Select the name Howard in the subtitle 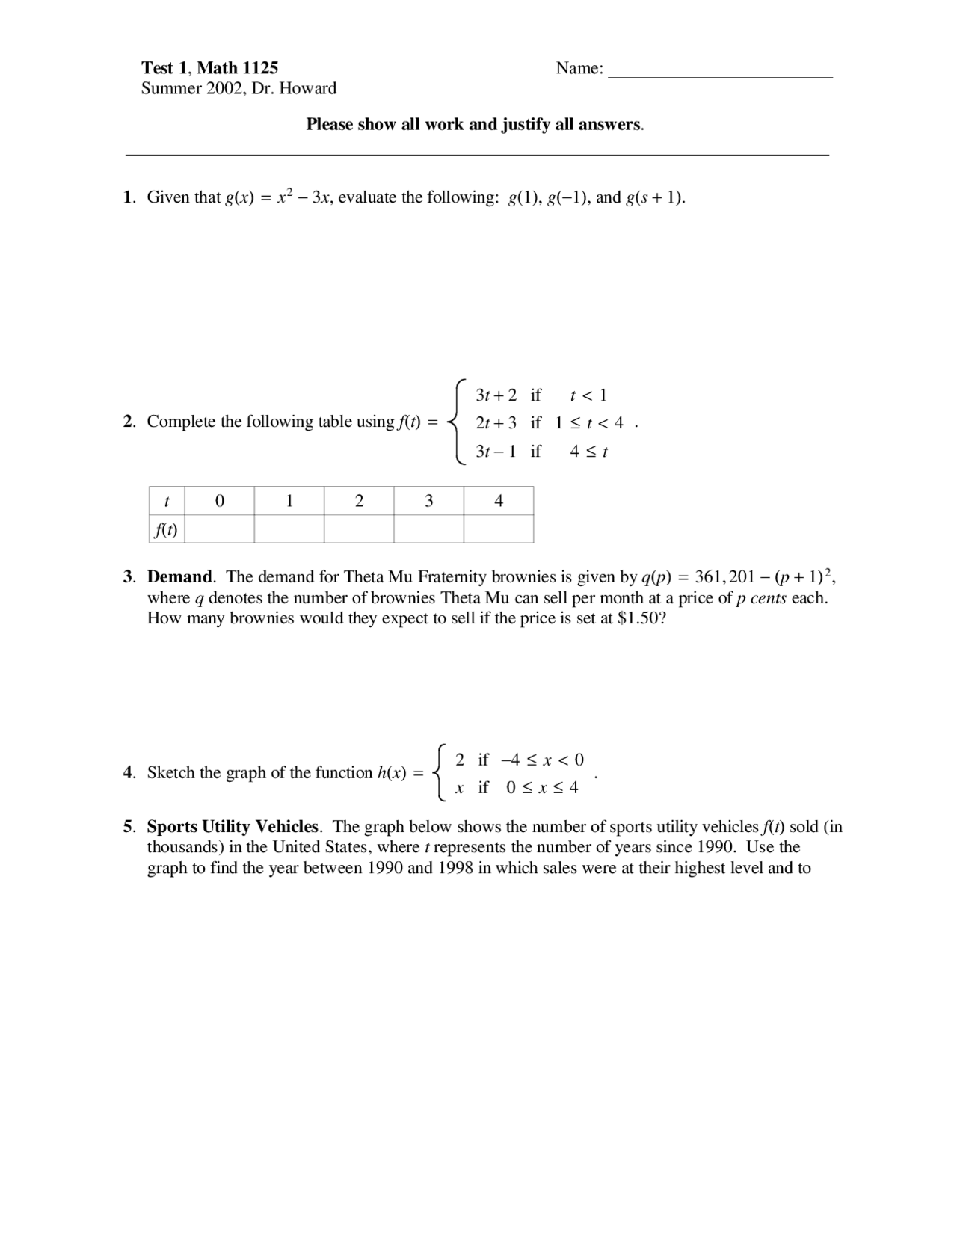pyautogui.click(x=307, y=88)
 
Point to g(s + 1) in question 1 pyautogui.click(x=654, y=197)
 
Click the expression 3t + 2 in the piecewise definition pyautogui.click(x=496, y=395)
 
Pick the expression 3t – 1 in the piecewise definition pyautogui.click(x=496, y=452)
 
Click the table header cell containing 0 pyautogui.click(x=219, y=501)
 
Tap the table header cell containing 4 pyautogui.click(x=499, y=501)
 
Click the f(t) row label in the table pyautogui.click(x=166, y=529)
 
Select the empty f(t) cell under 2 pyautogui.click(x=359, y=529)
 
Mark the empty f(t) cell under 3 pyautogui.click(x=428, y=529)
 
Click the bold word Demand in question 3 pyautogui.click(x=179, y=577)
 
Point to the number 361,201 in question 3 pyautogui.click(x=724, y=577)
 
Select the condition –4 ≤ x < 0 pyautogui.click(x=542, y=760)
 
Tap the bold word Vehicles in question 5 pyautogui.click(x=287, y=827)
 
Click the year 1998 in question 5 pyautogui.click(x=452, y=869)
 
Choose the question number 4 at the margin pyautogui.click(x=128, y=773)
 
